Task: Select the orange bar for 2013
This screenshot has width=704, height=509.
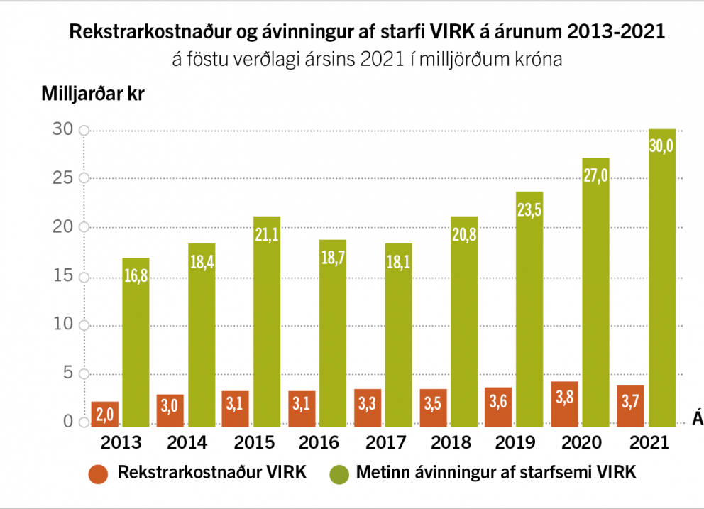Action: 105,414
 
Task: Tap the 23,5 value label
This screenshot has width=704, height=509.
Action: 530,211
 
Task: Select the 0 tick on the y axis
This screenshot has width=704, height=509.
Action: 68,422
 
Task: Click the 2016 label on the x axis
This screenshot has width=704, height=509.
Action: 319,442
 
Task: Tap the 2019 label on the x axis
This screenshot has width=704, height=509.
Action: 516,442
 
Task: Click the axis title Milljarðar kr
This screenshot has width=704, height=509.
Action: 93,94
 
